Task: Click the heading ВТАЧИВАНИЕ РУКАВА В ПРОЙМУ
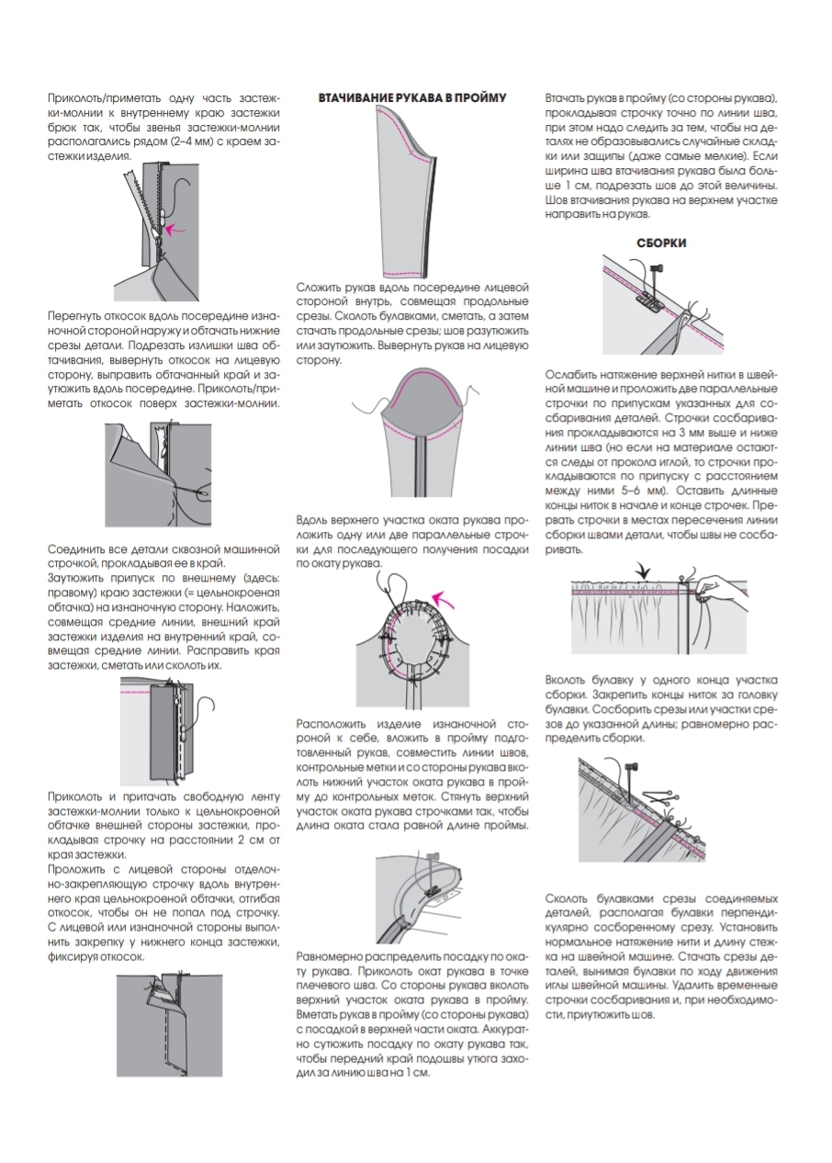tap(412, 97)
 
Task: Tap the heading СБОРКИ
tap(661, 243)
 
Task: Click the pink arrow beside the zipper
tap(180, 224)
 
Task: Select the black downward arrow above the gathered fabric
tap(645, 571)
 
